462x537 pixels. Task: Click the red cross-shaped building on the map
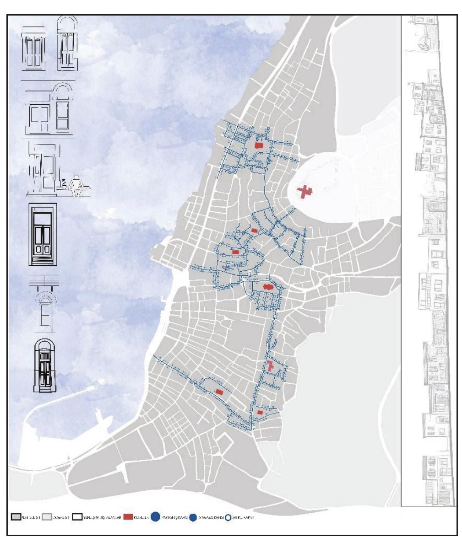(x=304, y=192)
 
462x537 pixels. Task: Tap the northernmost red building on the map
(x=259, y=145)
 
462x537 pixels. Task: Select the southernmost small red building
(x=260, y=413)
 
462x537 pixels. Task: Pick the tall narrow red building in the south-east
(x=270, y=365)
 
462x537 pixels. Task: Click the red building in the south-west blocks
(x=219, y=392)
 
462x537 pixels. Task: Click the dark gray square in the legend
(x=15, y=517)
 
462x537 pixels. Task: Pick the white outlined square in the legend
(x=77, y=517)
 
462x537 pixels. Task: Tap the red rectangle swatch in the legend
(x=127, y=517)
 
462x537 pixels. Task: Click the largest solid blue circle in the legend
(x=156, y=517)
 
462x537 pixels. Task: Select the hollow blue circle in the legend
(x=228, y=517)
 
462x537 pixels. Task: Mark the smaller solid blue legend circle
(x=193, y=517)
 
